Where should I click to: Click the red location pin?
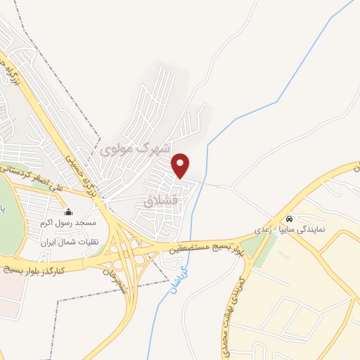181,165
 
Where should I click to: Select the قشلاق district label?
162,200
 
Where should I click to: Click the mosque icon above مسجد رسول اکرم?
69,212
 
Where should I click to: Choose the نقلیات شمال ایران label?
67,240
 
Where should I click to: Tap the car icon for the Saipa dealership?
289,218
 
